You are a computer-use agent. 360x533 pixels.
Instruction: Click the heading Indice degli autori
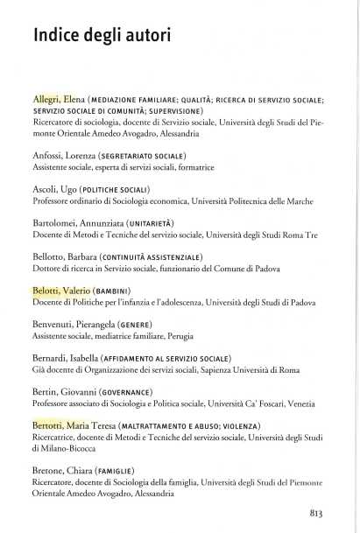[x=102, y=36]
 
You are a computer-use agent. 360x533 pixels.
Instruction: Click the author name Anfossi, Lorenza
[x=65, y=156]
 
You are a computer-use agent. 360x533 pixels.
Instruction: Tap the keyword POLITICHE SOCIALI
[x=114, y=189]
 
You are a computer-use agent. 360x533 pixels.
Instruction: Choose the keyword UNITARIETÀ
[x=152, y=223]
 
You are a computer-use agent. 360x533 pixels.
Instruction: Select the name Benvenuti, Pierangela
[x=73, y=325]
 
